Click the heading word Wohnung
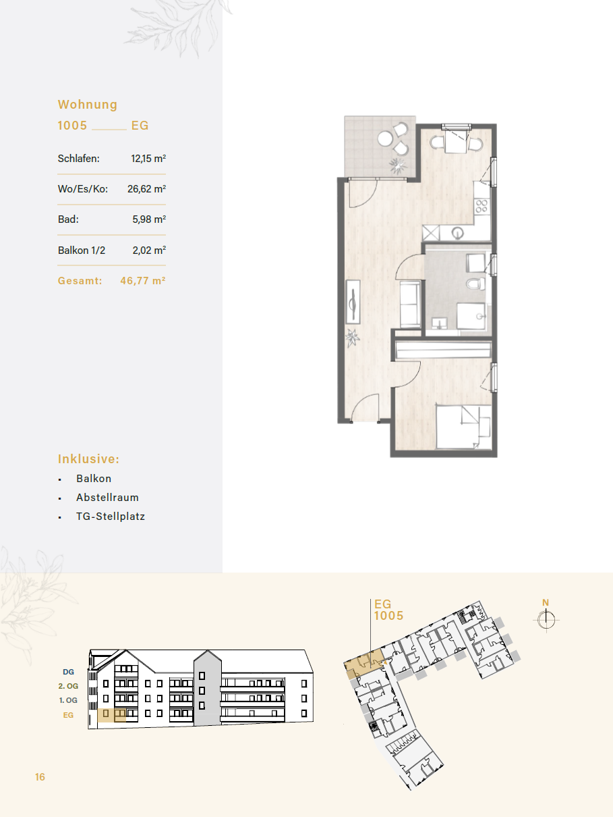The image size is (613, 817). [x=88, y=105]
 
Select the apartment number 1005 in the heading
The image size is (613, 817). [x=72, y=126]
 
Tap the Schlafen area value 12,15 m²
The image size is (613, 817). [x=148, y=159]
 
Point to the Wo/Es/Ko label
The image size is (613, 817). [x=82, y=189]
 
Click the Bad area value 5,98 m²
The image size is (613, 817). [x=149, y=219]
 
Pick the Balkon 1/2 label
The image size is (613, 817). [x=82, y=250]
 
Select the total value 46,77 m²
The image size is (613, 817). [x=143, y=281]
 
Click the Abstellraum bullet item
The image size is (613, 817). [x=107, y=497]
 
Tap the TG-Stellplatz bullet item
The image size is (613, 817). [x=111, y=517]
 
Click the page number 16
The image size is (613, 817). [x=40, y=776]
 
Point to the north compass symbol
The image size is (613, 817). [x=546, y=620]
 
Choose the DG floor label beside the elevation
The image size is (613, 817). [x=68, y=672]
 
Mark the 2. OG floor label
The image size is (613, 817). [x=68, y=686]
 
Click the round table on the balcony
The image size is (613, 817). [x=385, y=139]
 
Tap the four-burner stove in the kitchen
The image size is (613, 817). [x=481, y=206]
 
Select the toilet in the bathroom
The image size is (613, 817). [x=475, y=284]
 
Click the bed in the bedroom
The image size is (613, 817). [x=463, y=427]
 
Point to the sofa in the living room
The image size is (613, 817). [x=411, y=305]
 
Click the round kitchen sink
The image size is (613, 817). [x=458, y=234]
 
